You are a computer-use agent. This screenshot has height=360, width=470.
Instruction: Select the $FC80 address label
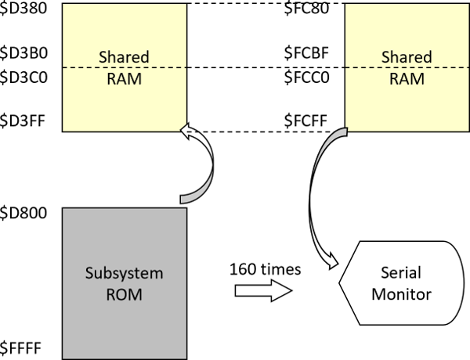pyautogui.click(x=305, y=10)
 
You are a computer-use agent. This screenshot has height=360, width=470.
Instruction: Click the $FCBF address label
pyautogui.click(x=305, y=54)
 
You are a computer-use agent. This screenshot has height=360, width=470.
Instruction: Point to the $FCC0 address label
pyautogui.click(x=305, y=78)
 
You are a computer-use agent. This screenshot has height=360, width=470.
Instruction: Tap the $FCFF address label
pyautogui.click(x=305, y=122)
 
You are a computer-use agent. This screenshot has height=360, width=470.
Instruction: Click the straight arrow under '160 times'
pyautogui.click(x=263, y=291)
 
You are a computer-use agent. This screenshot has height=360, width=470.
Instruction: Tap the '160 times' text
pyautogui.click(x=266, y=268)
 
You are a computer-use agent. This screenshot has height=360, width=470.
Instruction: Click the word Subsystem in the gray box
pyautogui.click(x=124, y=274)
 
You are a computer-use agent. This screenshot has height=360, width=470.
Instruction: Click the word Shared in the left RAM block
pyautogui.click(x=124, y=57)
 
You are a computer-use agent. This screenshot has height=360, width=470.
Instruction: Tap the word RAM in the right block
pyautogui.click(x=407, y=79)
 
